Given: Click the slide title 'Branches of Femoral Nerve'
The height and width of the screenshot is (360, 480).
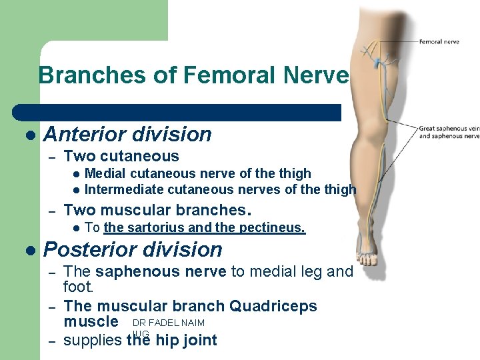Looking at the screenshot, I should pyautogui.click(x=193, y=75).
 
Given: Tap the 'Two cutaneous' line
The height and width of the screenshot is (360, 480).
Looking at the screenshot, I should pyautogui.click(x=121, y=157).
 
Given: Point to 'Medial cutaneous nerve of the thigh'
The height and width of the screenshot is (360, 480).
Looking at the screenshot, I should pyautogui.click(x=197, y=174).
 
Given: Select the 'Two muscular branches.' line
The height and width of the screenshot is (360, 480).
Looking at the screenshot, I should pyautogui.click(x=157, y=211).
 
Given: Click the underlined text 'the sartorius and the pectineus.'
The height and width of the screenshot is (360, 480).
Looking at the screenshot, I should pyautogui.click(x=204, y=228).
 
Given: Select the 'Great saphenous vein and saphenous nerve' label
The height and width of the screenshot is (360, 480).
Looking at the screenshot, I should pyautogui.click(x=449, y=132).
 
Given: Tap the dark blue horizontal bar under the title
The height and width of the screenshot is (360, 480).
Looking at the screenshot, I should pyautogui.click(x=180, y=112).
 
